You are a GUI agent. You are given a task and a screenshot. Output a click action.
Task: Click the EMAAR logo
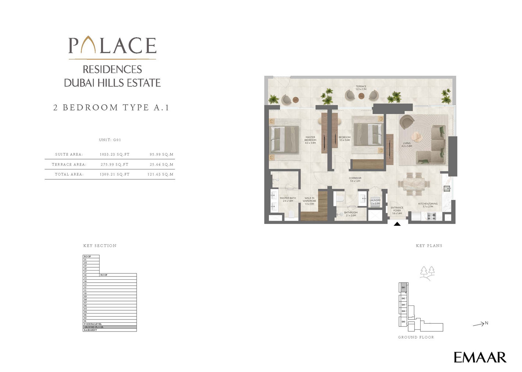click(x=480, y=357)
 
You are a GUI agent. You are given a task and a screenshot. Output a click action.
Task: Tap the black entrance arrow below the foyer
click(x=397, y=223)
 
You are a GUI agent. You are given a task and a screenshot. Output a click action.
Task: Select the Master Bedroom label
click(x=310, y=140)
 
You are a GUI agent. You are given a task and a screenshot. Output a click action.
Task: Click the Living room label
click(x=407, y=144)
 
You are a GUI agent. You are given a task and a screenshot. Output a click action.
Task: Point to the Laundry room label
click(x=375, y=201)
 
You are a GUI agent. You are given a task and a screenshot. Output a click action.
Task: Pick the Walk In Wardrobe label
click(x=309, y=201)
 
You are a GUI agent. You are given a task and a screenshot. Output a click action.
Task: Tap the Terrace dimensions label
click(x=361, y=88)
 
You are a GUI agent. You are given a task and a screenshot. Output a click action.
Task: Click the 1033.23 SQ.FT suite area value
click(x=115, y=154)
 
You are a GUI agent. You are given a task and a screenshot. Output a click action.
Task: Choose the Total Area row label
click(x=69, y=174)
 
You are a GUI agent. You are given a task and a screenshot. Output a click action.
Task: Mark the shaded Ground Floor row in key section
click(x=109, y=327)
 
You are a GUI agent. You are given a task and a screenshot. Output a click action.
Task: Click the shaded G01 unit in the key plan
click(x=403, y=287)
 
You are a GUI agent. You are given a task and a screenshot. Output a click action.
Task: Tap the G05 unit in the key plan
click(x=403, y=322)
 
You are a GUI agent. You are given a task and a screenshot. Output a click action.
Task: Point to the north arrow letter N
click(x=486, y=323)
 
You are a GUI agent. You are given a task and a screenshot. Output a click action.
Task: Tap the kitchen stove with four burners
click(x=431, y=217)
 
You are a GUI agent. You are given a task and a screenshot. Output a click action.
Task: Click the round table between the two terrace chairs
click(x=361, y=96)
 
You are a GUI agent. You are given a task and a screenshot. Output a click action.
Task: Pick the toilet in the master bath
click(x=292, y=214)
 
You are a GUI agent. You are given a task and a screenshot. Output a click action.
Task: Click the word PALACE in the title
click(x=112, y=46)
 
